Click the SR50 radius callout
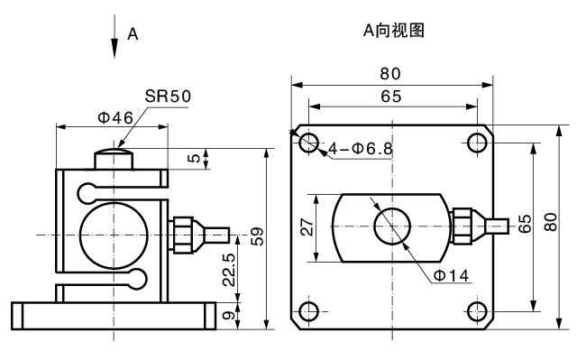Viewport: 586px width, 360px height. point(168,96)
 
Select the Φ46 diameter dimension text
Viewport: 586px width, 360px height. point(115,118)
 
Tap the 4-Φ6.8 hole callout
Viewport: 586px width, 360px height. point(361,149)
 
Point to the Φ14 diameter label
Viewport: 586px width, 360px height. point(451,275)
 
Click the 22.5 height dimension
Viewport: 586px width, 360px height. point(229,270)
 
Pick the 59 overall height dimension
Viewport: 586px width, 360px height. point(257,236)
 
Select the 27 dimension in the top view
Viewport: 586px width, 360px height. point(307,226)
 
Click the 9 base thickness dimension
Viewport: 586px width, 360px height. point(229,316)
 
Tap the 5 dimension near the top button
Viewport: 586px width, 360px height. point(194,158)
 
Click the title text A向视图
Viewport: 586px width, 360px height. point(394,31)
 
